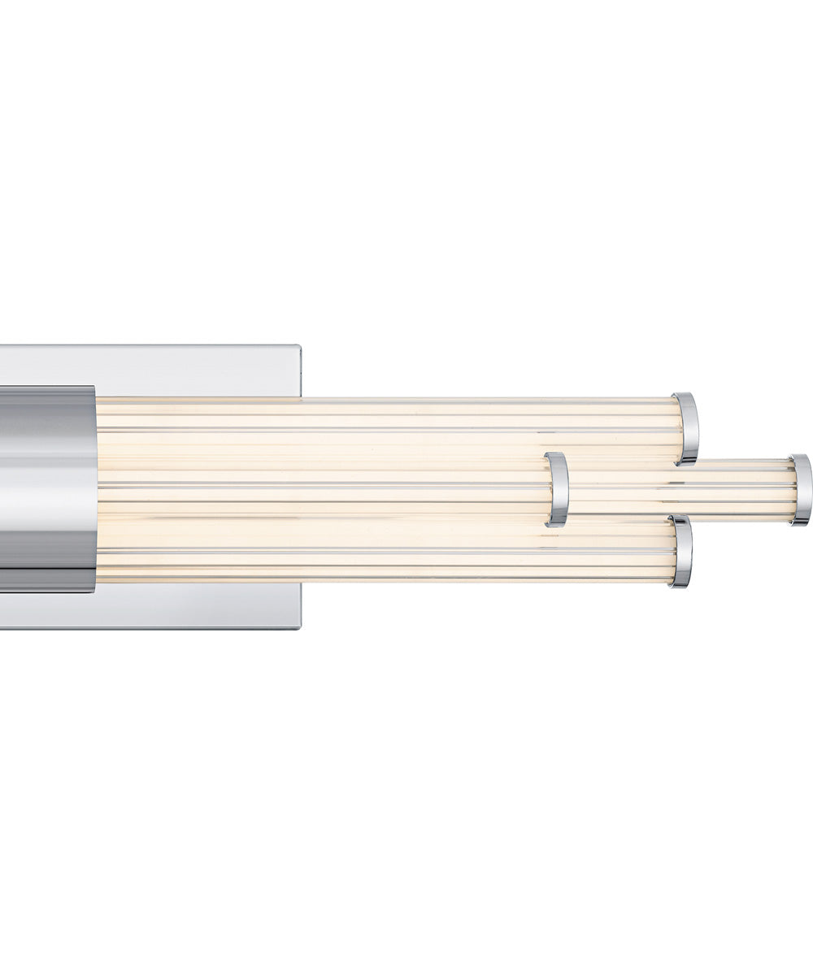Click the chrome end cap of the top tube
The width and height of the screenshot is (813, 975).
(x=686, y=428)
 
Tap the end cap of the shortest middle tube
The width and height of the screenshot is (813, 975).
(x=557, y=489)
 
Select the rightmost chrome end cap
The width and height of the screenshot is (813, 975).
(x=801, y=489)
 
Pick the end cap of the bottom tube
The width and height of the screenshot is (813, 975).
(x=681, y=551)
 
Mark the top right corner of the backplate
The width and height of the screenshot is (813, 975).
(x=299, y=347)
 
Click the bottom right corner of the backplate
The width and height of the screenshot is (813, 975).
(x=299, y=627)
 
